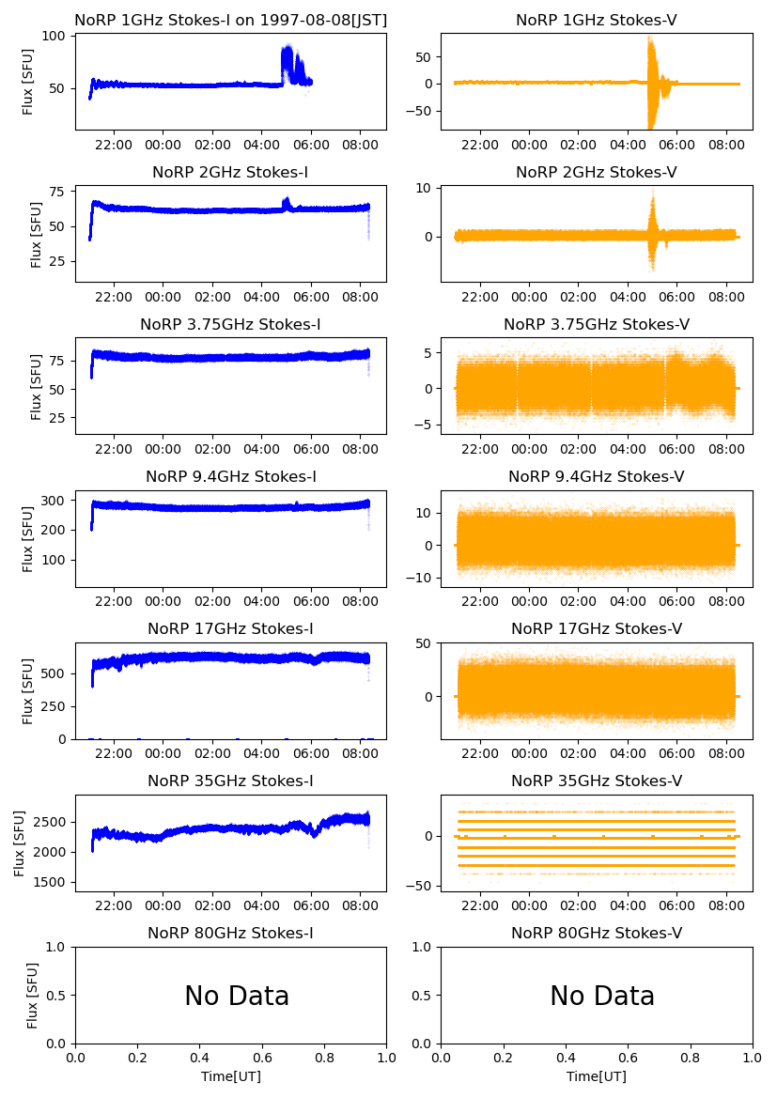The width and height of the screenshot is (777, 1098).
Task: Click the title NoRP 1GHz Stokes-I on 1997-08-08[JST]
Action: point(230,20)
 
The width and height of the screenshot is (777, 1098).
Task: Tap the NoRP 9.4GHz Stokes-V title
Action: point(597,476)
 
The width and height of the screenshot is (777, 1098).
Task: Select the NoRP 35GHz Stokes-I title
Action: point(230,781)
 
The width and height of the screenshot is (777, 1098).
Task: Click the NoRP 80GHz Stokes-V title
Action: point(597,933)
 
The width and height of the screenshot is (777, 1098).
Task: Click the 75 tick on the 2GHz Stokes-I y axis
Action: point(58,192)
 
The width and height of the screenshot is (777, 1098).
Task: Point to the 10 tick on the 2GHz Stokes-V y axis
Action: point(424,189)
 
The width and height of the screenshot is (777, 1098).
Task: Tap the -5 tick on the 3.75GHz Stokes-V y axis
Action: point(424,425)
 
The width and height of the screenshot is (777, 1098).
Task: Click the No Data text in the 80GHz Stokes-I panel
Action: point(237,997)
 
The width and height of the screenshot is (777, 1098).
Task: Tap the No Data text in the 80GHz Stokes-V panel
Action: point(602,997)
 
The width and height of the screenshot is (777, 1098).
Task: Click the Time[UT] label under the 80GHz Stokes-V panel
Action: point(597,1076)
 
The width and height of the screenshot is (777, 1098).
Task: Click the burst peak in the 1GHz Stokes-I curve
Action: point(287,47)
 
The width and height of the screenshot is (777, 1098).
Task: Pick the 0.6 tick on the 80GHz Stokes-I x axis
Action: point(262,1057)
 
